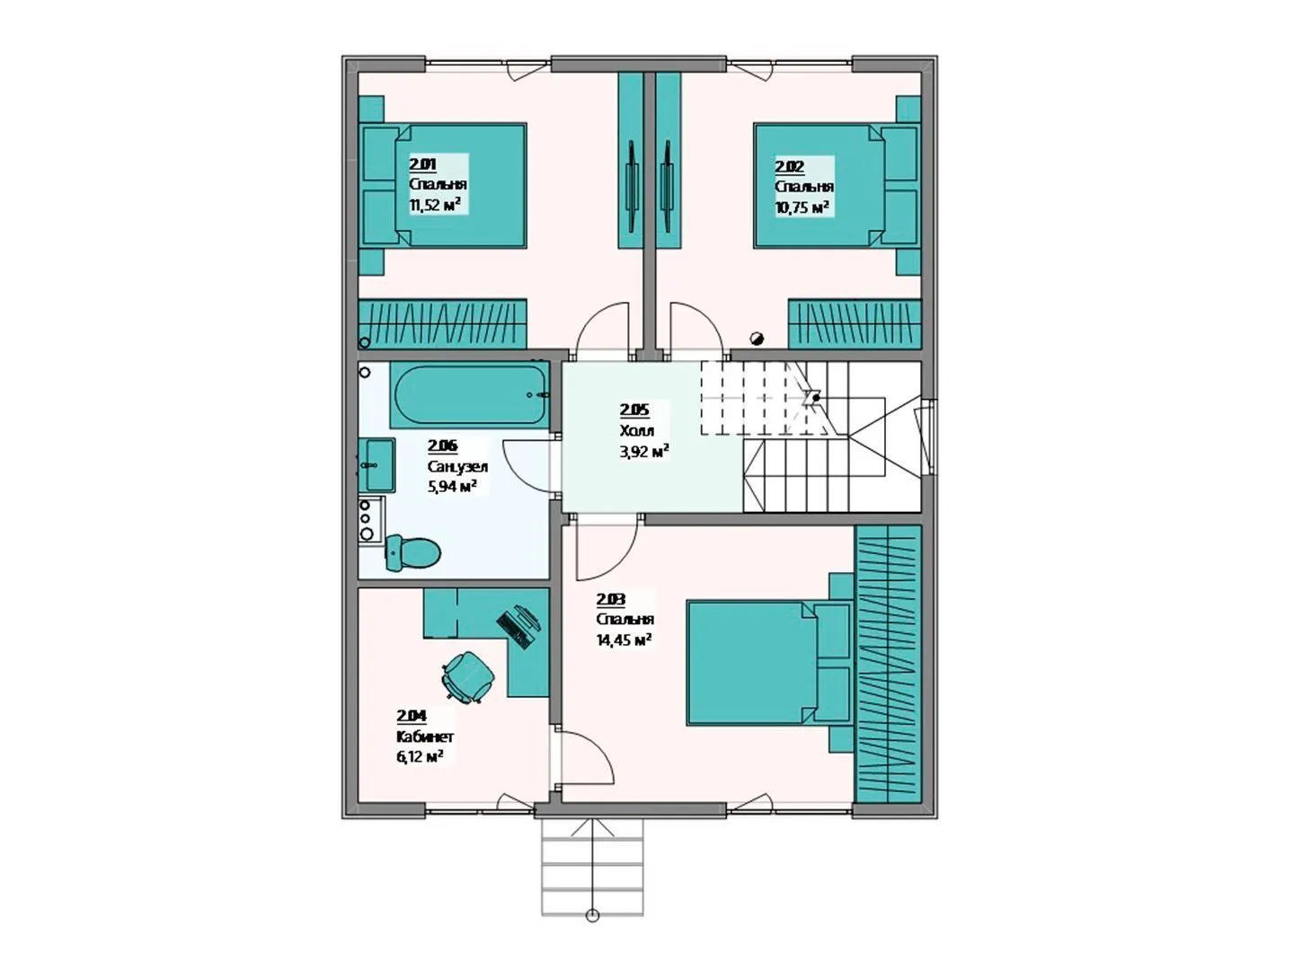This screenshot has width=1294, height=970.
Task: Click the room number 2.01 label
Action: coord(422,163)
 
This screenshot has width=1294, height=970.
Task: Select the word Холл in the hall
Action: coord(637,430)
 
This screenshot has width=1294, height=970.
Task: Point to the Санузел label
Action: coord(457,467)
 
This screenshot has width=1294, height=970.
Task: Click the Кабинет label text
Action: coord(424,736)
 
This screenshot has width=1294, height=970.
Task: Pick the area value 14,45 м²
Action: coord(624,639)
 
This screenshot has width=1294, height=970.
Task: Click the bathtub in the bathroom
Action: coord(470,394)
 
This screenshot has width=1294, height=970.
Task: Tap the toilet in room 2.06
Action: coord(412,552)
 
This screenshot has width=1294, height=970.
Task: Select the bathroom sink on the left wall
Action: coord(377,465)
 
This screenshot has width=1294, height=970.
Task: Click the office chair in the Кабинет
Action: coord(468,676)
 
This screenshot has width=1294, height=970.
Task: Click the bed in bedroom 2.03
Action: coord(770,663)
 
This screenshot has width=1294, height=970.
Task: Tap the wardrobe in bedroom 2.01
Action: coord(443,323)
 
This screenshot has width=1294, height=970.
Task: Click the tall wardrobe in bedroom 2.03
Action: coord(888,664)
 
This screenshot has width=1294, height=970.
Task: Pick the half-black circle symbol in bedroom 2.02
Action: coord(757,339)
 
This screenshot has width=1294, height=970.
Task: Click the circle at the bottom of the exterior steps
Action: coord(592,932)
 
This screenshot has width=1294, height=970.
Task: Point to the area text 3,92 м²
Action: coord(643,453)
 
